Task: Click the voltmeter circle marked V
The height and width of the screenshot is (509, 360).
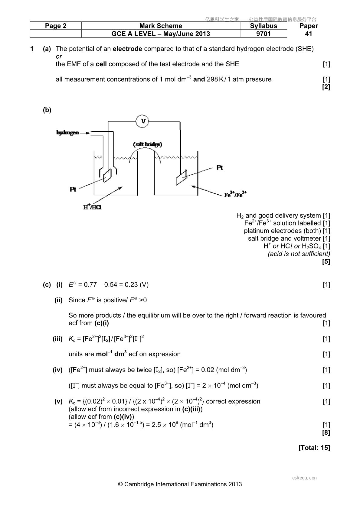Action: pos(142,121)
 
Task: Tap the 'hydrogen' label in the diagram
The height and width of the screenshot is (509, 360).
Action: pos(68,132)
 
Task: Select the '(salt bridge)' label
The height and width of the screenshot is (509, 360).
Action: pos(148,144)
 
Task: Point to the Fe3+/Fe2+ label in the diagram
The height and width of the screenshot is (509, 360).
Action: pos(235,194)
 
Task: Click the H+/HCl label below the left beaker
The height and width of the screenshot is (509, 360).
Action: pos(92,207)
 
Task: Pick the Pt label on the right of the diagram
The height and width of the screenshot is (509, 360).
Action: pos(220,168)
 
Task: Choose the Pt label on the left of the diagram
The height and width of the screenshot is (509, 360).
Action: pos(73,189)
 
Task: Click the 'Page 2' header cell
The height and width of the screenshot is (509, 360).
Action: pos(56,26)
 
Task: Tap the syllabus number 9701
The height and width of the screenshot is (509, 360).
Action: pos(263,34)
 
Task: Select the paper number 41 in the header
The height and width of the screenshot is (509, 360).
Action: pos(309,34)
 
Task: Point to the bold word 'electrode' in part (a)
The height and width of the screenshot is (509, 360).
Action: pos(127,49)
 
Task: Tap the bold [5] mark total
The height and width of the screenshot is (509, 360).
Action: pos(326,261)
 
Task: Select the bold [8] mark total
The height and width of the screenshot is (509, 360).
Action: pos(326,433)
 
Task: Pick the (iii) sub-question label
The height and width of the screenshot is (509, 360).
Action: pos(57,339)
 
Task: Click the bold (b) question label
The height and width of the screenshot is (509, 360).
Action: pos(47,110)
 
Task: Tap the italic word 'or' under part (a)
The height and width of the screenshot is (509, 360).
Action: pos(59,57)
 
